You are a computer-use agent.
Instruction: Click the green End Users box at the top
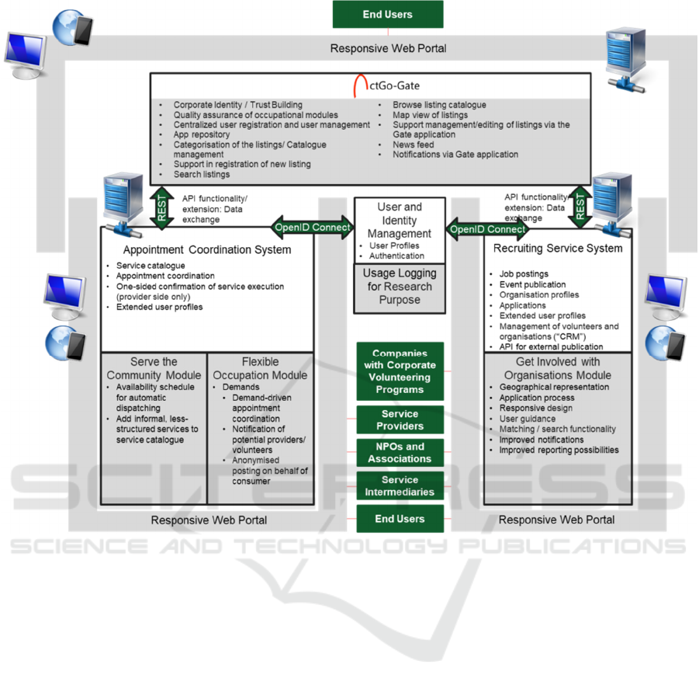click(388, 14)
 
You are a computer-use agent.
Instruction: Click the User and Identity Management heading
click(400, 220)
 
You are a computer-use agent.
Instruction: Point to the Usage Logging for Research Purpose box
click(400, 286)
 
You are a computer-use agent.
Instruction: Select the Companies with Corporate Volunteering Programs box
click(400, 371)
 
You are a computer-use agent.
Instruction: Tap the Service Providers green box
click(400, 420)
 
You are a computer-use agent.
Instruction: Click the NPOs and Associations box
click(400, 453)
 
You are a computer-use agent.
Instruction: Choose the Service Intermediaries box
click(400, 485)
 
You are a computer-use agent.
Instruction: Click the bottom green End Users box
click(400, 519)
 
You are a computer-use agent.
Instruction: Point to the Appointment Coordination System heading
click(207, 249)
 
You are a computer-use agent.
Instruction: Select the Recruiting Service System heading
click(558, 249)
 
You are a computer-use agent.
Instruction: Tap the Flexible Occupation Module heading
click(260, 368)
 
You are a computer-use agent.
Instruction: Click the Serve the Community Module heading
click(154, 368)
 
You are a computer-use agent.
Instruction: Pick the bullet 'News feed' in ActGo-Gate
click(413, 144)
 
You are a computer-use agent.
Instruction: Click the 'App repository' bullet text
click(202, 134)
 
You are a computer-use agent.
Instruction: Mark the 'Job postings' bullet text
click(524, 274)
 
